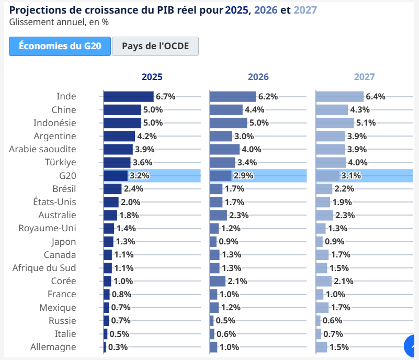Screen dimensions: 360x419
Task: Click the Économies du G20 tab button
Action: coord(60,46)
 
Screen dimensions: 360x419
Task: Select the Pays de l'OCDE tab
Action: coord(155,46)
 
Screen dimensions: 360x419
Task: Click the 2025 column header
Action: coord(152,77)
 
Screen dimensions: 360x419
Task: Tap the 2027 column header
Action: coord(364,77)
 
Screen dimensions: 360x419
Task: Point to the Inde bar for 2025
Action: coord(128,96)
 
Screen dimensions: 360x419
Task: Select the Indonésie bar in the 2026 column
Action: coord(228,123)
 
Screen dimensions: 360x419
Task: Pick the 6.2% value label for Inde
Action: coord(268,96)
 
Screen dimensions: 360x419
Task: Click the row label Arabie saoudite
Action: coord(42,149)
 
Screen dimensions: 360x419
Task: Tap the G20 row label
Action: coord(67,175)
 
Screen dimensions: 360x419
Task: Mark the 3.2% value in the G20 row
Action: coord(140,176)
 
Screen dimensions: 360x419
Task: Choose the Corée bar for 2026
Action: coord(217,281)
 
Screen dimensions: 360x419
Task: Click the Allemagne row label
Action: coord(53,347)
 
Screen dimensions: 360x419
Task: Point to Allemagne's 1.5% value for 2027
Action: coord(339,347)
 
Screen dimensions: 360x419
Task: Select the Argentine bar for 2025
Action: coord(119,136)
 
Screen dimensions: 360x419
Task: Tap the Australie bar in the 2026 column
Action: coord(218,215)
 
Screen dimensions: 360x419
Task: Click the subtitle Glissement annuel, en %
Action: coord(59,22)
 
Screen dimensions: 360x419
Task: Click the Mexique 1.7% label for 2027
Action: coord(340,308)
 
